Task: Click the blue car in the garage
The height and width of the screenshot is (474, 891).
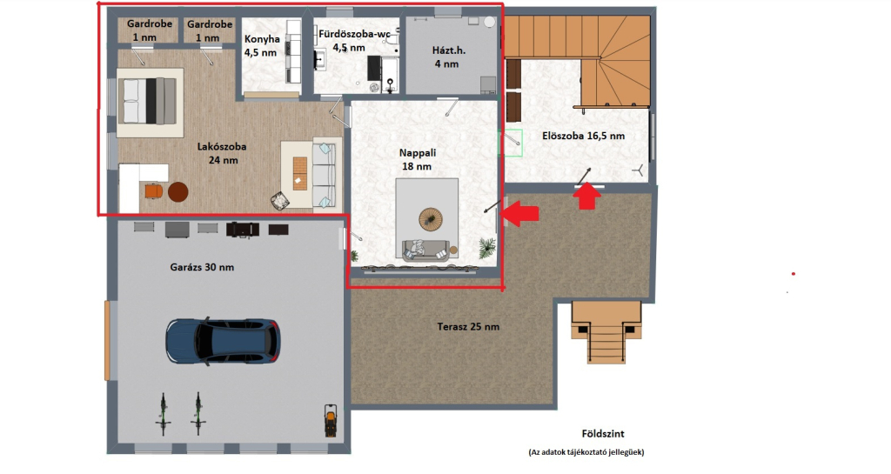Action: (x=223, y=341)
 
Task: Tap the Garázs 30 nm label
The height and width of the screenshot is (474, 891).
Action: (x=202, y=267)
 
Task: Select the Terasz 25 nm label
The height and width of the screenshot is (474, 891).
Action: (x=468, y=327)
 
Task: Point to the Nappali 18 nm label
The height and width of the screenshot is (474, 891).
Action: (x=417, y=159)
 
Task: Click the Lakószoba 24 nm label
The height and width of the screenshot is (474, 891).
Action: (x=222, y=153)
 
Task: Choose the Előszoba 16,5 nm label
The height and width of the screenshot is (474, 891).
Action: (x=583, y=137)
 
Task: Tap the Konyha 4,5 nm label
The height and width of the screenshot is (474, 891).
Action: (x=261, y=46)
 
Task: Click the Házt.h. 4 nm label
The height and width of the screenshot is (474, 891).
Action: (x=448, y=57)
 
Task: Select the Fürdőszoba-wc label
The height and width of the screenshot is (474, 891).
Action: (x=354, y=34)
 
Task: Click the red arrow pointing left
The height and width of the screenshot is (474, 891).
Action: (x=520, y=212)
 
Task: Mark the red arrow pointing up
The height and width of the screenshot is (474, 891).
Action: (x=586, y=197)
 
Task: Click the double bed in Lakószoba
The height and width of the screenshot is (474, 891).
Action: (x=150, y=102)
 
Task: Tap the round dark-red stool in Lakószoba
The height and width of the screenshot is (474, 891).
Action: (x=178, y=192)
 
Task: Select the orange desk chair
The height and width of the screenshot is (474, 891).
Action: (x=153, y=190)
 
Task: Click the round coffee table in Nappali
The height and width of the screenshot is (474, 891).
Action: (x=430, y=219)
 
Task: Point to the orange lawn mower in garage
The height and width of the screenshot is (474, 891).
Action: (x=330, y=421)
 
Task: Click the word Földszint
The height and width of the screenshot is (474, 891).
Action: (x=603, y=434)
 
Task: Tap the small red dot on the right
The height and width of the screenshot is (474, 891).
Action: (x=794, y=274)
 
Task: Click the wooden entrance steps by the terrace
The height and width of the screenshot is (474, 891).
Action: (x=606, y=331)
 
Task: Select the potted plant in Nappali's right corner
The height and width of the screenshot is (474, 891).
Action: (x=486, y=248)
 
